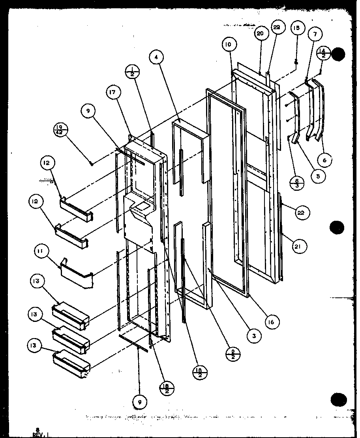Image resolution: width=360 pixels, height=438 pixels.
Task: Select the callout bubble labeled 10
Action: coord(228,45)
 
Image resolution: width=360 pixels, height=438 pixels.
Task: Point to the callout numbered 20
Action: coord(260,34)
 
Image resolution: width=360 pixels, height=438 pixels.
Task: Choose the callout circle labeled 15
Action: coord(296,28)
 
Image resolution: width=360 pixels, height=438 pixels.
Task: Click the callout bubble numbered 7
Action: coord(315,34)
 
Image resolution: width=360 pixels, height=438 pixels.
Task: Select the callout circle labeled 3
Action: coord(255,336)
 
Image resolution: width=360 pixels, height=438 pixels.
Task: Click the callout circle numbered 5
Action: coord(318,177)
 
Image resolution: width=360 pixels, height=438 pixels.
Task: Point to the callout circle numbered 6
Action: coord(325,160)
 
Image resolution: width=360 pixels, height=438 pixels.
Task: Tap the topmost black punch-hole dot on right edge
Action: coord(338,54)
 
